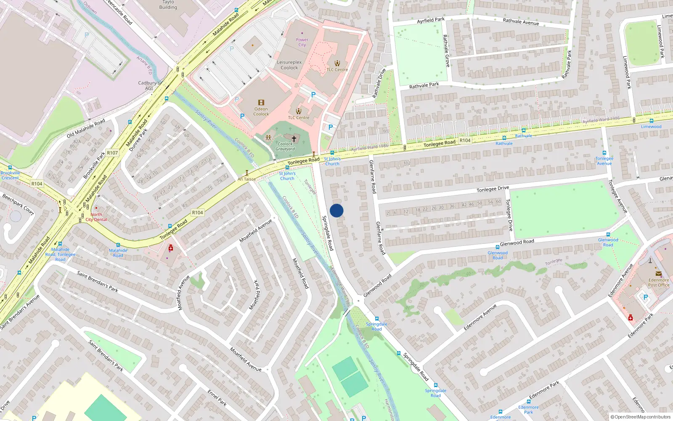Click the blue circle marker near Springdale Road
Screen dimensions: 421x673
(x=336, y=210)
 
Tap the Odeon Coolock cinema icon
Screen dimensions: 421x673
(x=261, y=103)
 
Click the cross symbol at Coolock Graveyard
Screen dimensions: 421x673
(x=294, y=139)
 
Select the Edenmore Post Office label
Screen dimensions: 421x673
(x=659, y=282)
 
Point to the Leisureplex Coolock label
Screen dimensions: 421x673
(x=289, y=65)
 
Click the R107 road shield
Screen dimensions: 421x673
(x=112, y=153)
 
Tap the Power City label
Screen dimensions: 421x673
(x=302, y=42)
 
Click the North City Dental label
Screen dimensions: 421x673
(x=96, y=217)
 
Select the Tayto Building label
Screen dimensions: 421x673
(x=168, y=5)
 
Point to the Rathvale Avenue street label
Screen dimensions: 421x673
(x=521, y=21)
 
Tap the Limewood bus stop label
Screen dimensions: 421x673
(x=651, y=127)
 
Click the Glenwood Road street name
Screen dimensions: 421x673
(x=517, y=242)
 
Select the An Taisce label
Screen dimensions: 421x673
(x=246, y=179)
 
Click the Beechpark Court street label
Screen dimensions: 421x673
(x=18, y=204)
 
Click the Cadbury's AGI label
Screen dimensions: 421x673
(x=149, y=85)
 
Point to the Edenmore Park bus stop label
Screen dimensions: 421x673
(x=528, y=410)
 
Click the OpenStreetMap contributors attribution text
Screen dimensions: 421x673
(x=640, y=417)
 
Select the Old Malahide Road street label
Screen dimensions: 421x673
(x=86, y=129)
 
